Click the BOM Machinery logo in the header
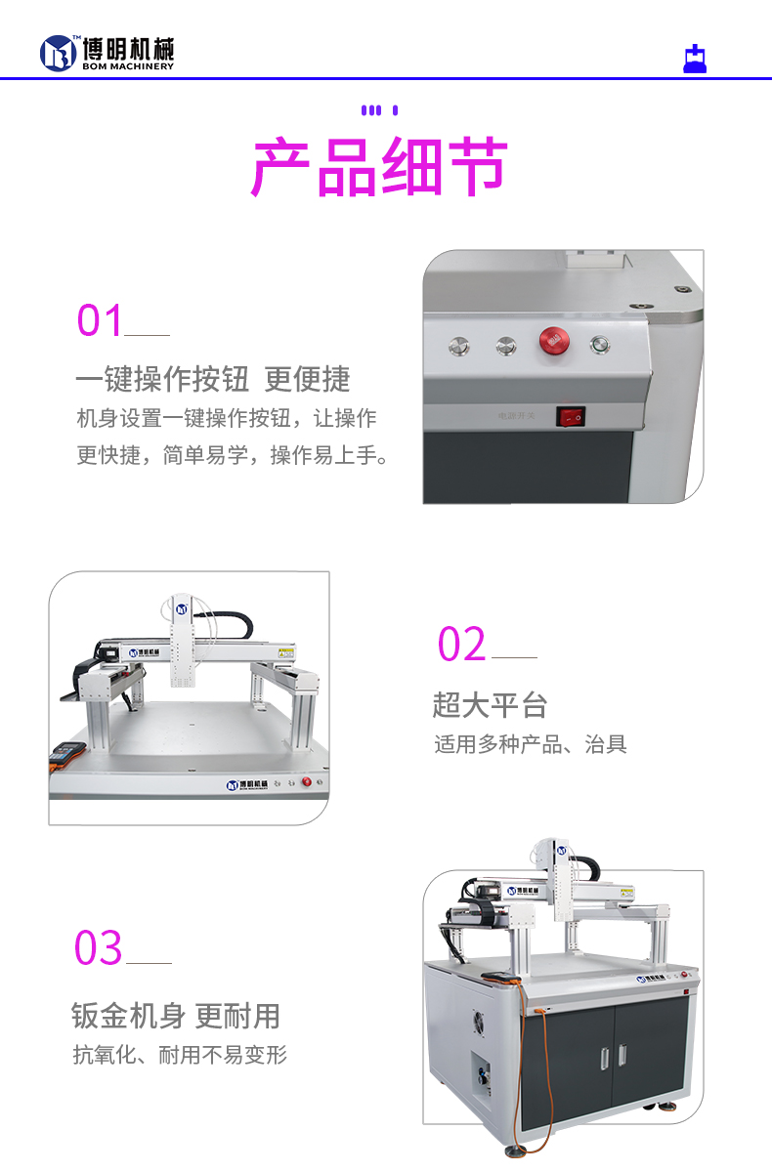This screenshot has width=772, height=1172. [107, 53]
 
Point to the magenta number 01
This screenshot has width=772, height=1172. [101, 321]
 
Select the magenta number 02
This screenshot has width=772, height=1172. [461, 645]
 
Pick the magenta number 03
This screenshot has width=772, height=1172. [99, 948]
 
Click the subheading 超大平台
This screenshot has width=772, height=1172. [490, 704]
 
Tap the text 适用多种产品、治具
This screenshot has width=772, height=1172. [531, 744]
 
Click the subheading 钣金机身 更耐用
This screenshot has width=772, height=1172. [176, 1016]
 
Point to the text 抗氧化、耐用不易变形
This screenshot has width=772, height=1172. [180, 1055]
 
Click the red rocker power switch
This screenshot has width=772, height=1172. [571, 417]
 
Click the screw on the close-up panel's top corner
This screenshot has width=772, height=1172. [681, 290]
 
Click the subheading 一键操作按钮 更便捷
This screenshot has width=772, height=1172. [213, 379]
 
